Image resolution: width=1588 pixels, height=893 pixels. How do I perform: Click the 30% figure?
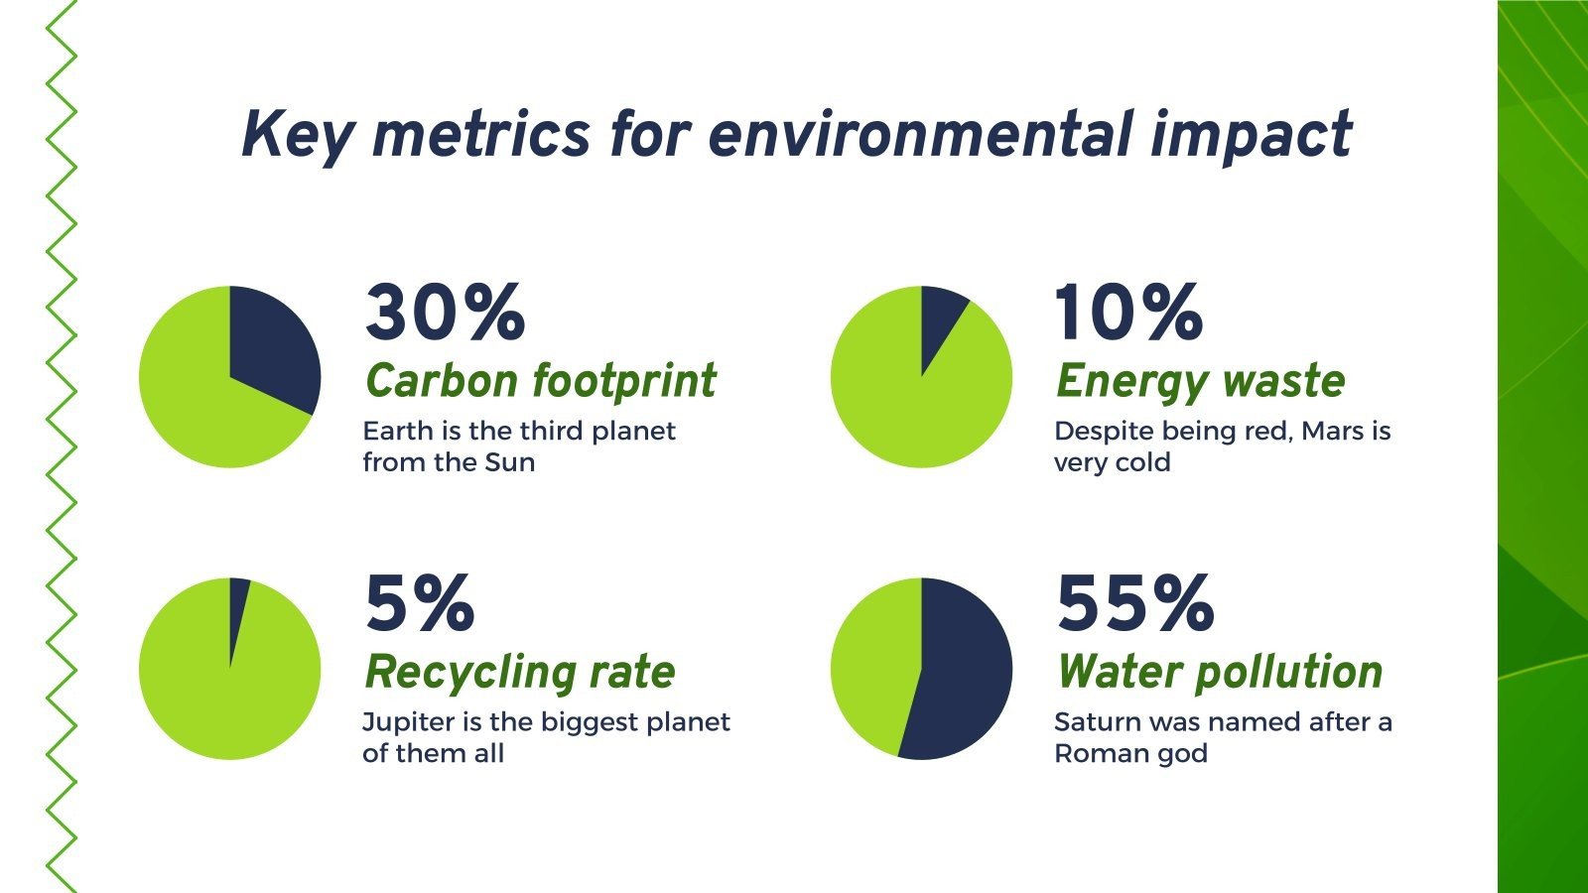(445, 313)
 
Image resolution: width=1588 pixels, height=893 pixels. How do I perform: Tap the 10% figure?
(1127, 313)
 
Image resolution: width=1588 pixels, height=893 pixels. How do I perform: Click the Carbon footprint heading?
(541, 381)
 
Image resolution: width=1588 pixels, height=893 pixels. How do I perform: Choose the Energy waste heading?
(1200, 381)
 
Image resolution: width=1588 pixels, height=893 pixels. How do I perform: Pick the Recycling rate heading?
(520, 672)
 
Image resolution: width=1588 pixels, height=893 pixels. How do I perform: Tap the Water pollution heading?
(1220, 672)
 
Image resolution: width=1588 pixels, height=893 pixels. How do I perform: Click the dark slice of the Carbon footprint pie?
(273, 347)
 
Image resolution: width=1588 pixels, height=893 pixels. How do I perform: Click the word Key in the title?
(294, 135)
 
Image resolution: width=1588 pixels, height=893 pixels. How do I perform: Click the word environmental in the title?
(919, 135)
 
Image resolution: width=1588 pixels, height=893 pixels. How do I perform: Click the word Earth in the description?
(397, 432)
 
